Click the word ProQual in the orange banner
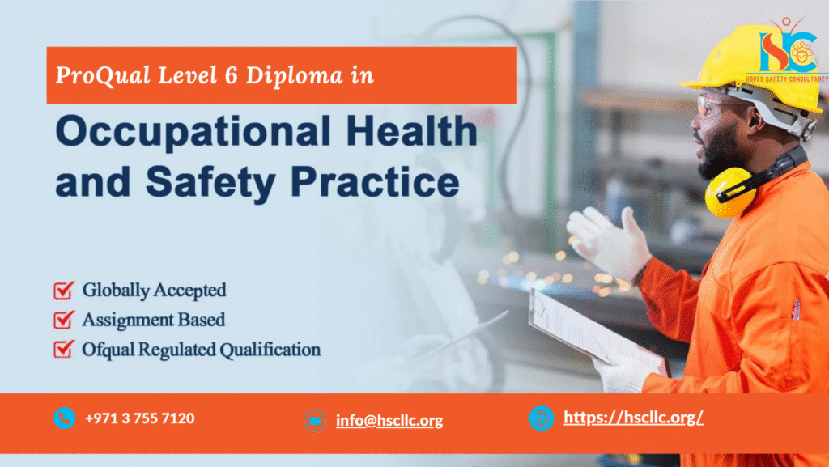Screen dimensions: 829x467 [103, 75]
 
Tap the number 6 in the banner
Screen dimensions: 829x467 [231, 75]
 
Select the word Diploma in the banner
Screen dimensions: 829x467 [295, 75]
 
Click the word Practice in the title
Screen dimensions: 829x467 [375, 181]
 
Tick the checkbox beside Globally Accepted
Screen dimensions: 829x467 [63, 290]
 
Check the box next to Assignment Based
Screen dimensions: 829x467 [63, 320]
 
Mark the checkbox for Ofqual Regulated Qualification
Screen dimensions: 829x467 [63, 349]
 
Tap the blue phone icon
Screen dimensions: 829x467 [65, 418]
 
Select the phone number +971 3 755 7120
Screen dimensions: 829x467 [139, 418]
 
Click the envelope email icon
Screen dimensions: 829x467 [315, 421]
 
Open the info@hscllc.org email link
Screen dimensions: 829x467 [389, 421]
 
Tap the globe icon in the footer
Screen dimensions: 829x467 [542, 418]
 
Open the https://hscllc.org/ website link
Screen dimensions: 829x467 [633, 418]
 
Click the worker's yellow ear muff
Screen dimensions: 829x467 [730, 193]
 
